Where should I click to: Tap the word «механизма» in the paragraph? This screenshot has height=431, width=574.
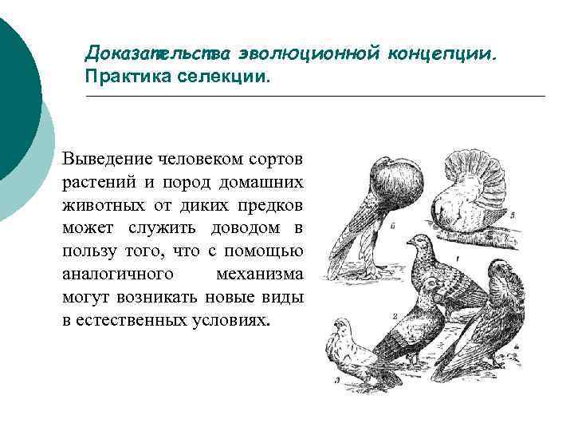260,275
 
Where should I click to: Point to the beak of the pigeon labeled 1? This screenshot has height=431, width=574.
407,241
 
